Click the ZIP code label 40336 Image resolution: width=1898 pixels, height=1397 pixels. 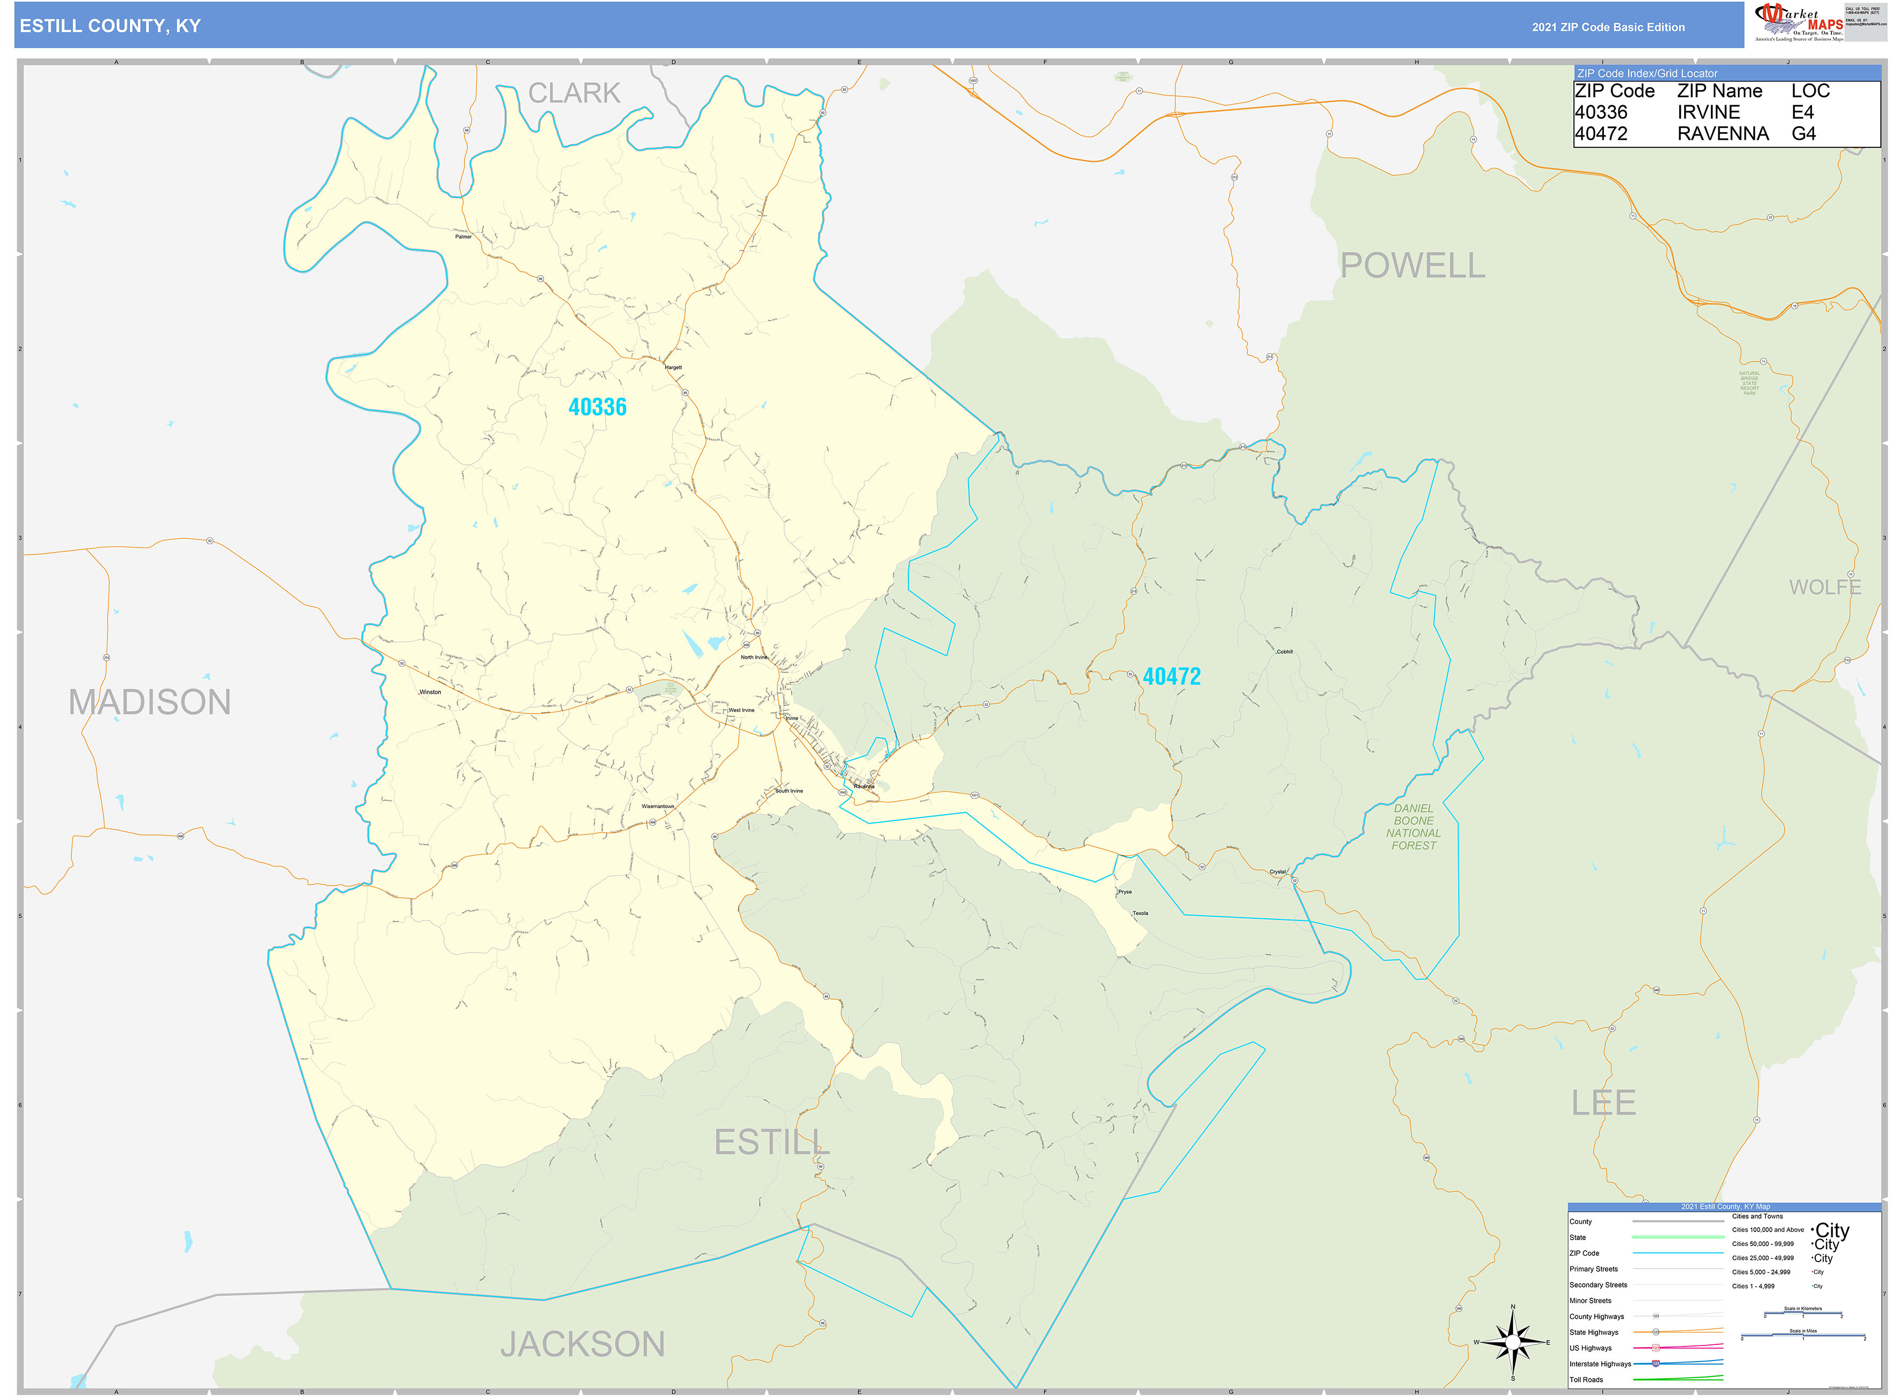click(x=597, y=407)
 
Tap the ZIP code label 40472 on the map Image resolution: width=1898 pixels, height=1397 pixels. click(x=1171, y=676)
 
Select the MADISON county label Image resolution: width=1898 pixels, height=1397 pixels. click(x=150, y=702)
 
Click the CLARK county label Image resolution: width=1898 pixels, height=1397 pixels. click(x=574, y=93)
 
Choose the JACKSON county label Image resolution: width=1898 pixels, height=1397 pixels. click(x=582, y=1344)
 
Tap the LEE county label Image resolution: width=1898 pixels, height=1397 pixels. click(x=1603, y=1103)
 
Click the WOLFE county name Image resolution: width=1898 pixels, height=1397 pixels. click(x=1824, y=587)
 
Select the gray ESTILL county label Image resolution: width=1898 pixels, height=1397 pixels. click(x=771, y=1142)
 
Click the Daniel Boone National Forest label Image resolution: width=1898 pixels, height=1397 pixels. click(x=1413, y=826)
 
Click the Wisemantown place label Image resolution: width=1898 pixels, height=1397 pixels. click(x=657, y=806)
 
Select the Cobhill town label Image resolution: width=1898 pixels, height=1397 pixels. click(x=1284, y=651)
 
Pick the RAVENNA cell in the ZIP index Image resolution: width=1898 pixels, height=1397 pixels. click(x=1722, y=134)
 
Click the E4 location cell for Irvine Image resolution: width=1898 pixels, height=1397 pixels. click(x=1802, y=112)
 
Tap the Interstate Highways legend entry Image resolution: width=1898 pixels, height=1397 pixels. click(x=1600, y=1363)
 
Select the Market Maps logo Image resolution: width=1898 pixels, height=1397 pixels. click(x=1797, y=22)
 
